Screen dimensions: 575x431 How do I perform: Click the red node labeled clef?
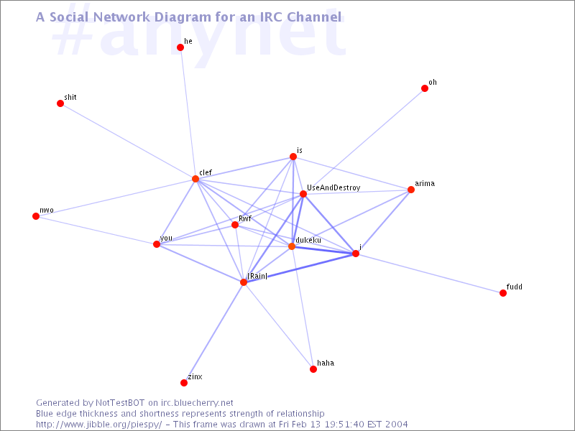point(195,179)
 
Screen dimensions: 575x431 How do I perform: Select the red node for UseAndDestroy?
point(303,194)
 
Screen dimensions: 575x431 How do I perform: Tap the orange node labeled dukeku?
point(292,246)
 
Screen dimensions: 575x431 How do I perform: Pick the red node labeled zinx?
point(184,383)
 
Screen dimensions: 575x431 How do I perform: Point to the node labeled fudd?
point(503,293)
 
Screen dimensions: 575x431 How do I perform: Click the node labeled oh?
point(425,88)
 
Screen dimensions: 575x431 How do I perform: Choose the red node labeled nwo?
point(36,216)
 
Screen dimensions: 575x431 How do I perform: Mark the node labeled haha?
point(313,369)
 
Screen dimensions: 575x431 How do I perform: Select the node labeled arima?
point(411,190)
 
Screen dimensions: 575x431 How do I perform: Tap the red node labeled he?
point(180,47)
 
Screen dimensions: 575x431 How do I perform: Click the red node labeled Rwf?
point(235,225)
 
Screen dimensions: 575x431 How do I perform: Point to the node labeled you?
point(157,244)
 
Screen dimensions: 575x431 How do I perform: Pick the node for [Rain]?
point(244,282)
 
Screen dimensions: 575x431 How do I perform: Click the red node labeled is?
point(293,157)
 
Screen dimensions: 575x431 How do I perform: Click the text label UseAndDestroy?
point(333,187)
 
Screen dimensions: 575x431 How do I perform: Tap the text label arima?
point(425,183)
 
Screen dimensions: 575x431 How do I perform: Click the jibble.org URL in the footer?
point(99,425)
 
